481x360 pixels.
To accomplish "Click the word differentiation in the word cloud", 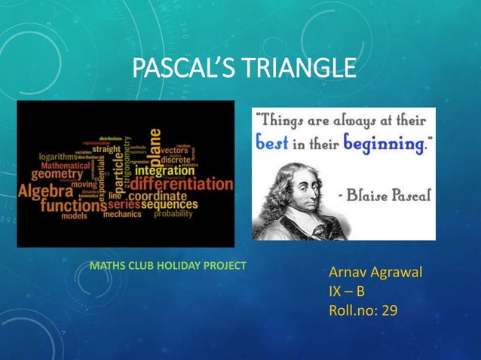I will pos(182,183).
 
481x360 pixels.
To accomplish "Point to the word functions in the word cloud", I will pos(73,204).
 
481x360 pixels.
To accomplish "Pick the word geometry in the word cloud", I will pos(56,173).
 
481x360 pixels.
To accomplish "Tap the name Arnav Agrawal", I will pos(375,272).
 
